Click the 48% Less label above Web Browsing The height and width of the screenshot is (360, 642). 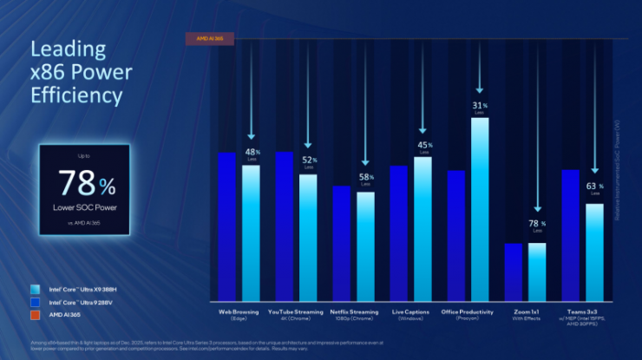point(252,154)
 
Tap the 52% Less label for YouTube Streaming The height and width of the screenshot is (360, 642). point(308,161)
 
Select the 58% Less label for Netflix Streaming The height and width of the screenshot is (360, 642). point(365,180)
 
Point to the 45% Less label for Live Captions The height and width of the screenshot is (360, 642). point(424,147)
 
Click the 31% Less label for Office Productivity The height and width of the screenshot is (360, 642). point(479,108)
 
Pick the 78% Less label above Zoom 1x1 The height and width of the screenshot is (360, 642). point(538,226)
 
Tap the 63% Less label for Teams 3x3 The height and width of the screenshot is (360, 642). point(594,188)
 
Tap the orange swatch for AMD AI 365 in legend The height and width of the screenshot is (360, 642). point(34,313)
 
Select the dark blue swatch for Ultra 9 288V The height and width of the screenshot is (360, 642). point(34,301)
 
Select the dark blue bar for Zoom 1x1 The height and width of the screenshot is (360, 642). point(514,270)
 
